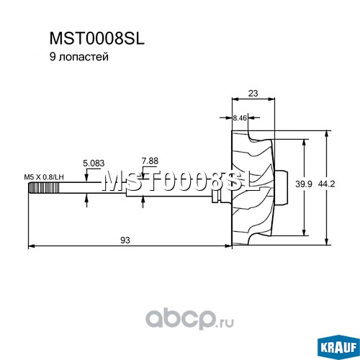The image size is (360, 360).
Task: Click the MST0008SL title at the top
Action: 97,38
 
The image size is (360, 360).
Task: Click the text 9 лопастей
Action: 79,57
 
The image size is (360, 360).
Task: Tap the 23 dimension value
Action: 253,93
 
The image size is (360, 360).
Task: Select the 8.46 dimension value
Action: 240,118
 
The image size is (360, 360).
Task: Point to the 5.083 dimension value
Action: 94,163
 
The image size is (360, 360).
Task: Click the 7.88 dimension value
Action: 150,161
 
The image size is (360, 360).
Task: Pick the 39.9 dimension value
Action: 304,184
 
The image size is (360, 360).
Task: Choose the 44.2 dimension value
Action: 326,184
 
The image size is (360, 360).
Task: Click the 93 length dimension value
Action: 125,240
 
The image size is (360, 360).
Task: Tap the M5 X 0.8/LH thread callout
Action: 44,177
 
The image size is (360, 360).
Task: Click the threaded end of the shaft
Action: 44,188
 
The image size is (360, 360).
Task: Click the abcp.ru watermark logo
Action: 189,319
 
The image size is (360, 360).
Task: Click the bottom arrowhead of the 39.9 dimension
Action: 304,233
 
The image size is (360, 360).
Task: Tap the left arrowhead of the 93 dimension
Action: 32,246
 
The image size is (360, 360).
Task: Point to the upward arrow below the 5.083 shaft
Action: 86,200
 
